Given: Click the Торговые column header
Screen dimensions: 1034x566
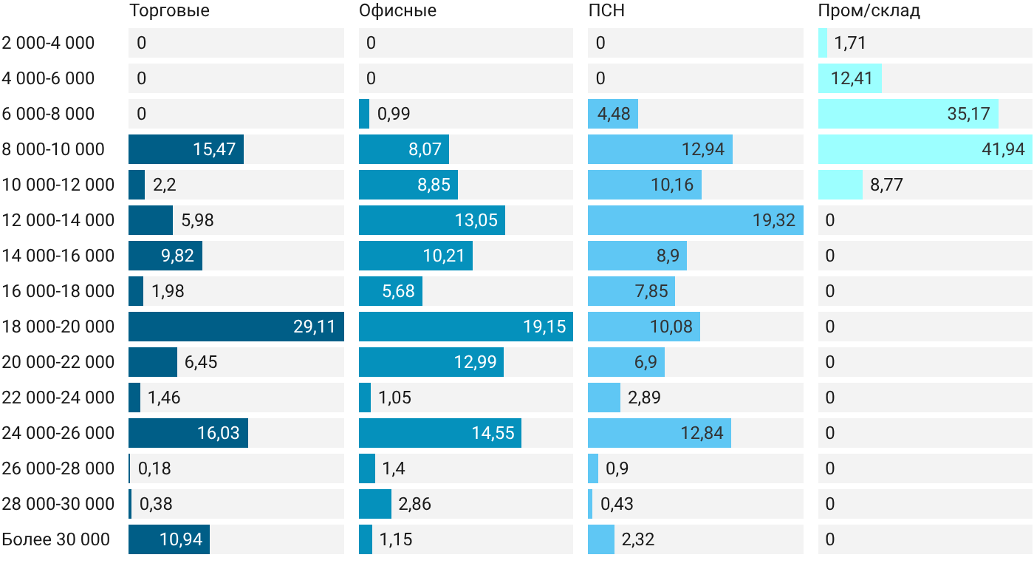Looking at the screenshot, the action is (169, 10).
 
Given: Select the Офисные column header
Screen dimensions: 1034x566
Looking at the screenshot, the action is (397, 10).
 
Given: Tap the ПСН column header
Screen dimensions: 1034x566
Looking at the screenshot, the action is (606, 10).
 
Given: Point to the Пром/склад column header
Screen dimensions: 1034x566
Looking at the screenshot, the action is (869, 10).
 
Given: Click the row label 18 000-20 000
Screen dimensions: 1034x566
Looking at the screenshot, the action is (58, 327).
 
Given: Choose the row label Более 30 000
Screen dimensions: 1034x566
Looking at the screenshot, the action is (56, 539).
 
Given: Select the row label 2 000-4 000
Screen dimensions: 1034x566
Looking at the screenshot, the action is (48, 43).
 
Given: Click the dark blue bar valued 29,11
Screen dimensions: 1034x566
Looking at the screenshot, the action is (236, 327).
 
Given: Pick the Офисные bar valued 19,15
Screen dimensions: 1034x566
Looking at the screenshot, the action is (466, 327).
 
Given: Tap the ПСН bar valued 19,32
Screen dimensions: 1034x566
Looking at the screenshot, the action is (696, 220).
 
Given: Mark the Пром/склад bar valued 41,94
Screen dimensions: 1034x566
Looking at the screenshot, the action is (925, 149).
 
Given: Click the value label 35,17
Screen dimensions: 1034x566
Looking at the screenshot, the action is (968, 114).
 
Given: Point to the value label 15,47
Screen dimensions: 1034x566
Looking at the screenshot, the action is (214, 149).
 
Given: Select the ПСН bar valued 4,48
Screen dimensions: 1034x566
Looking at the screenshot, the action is (613, 114).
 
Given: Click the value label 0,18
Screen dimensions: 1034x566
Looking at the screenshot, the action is (154, 468).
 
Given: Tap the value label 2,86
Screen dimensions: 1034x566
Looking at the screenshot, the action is (414, 504).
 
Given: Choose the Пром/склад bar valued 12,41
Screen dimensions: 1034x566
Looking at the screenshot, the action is (850, 78).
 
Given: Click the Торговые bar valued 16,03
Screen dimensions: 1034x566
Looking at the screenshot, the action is (188, 433).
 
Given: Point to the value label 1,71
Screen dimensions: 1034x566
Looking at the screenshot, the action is (850, 43).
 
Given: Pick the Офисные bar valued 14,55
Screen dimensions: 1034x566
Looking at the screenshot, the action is (440, 433).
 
